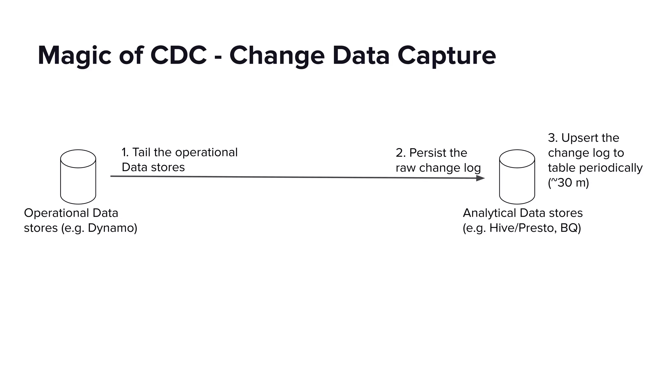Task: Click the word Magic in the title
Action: pos(74,56)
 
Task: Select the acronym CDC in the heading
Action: pos(178,56)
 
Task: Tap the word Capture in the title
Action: pos(446,56)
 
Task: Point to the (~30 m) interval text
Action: pos(568,183)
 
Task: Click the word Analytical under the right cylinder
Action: pos(489,213)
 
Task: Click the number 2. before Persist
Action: pos(400,153)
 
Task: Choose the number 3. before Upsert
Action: pos(553,138)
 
